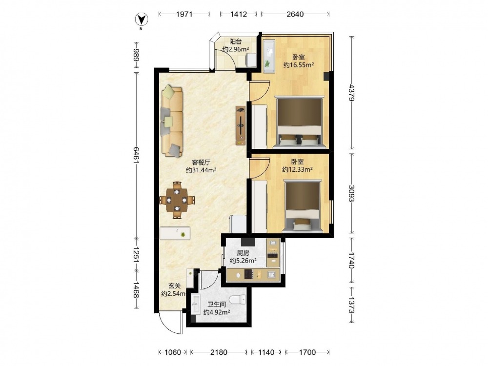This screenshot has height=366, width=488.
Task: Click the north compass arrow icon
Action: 142,20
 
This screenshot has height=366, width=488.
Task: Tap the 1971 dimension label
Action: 184,14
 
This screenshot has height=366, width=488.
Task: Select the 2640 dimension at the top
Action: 295,14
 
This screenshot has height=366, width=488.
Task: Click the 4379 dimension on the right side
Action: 352,92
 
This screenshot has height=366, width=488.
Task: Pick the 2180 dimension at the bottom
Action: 219,352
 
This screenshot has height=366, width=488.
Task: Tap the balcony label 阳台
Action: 236,41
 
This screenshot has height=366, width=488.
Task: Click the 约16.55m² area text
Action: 299,65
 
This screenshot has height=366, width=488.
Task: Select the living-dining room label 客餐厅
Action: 201,162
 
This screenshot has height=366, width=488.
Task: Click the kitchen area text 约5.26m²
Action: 243,261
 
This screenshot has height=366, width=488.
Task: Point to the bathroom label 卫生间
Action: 217,305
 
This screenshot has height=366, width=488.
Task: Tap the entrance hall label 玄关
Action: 175,285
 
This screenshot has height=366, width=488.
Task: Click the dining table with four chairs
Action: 177,200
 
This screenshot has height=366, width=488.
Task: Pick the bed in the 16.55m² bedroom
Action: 300,122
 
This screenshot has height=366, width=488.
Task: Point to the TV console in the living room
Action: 241,125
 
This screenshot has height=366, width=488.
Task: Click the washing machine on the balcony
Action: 250,60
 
